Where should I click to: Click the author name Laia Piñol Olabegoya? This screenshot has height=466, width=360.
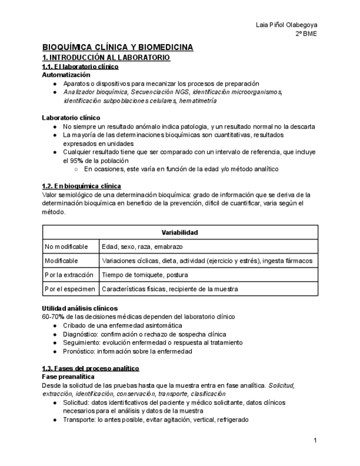tap(287, 25)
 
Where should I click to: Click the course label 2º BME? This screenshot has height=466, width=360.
tap(306, 34)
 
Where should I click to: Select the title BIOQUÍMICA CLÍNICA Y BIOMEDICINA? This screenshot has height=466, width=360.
tap(118, 48)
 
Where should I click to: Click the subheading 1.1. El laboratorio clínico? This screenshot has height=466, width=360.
tap(80, 66)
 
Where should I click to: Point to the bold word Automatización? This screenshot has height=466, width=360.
tap(67, 74)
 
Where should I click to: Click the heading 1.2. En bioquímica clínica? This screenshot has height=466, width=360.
tap(81, 186)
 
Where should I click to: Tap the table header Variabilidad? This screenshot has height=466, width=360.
tap(180, 232)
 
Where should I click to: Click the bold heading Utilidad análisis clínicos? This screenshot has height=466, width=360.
tap(80, 308)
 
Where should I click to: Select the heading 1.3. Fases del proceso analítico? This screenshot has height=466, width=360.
tap(91, 368)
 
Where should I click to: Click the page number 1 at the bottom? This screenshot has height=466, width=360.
tap(315, 440)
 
